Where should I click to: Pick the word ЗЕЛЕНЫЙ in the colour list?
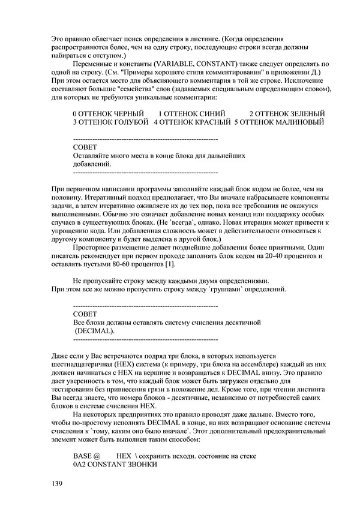click(302, 113)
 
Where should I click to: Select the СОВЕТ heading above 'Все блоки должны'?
click(84, 314)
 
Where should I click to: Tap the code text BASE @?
click(86, 456)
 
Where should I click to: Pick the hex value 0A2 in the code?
click(80, 465)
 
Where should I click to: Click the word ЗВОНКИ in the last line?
click(142, 465)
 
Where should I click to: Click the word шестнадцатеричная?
click(89, 364)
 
